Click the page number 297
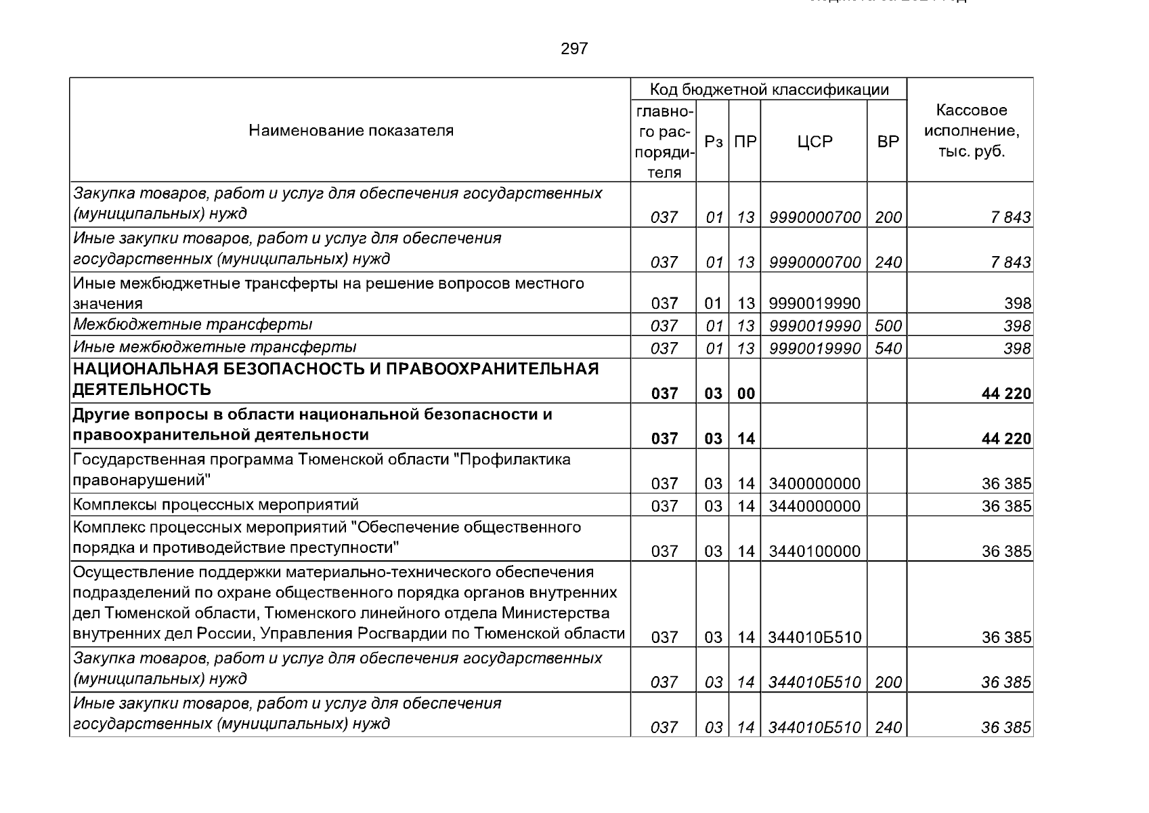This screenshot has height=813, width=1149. point(574,49)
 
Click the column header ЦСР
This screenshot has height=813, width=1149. point(815,142)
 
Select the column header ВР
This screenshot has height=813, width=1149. point(888,142)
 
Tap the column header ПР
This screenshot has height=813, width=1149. point(745,142)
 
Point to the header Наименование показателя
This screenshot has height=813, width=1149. point(351,130)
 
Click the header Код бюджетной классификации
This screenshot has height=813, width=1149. point(768,89)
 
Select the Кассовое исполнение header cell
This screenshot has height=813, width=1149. point(971,130)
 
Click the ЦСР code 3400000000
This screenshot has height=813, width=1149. point(815,484)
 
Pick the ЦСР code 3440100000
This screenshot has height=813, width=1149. point(815,551)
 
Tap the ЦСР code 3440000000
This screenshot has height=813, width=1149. point(815,506)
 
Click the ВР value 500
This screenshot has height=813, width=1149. point(888,326)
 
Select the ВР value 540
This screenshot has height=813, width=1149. point(888,348)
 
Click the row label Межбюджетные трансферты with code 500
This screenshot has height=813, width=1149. point(193,325)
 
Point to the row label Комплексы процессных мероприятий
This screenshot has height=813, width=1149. point(216,505)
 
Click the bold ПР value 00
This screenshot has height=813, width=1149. point(745,394)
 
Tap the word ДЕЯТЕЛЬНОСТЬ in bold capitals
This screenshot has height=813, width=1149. point(142,390)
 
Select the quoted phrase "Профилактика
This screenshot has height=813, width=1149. point(511,460)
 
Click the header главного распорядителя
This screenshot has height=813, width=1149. point(664,142)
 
